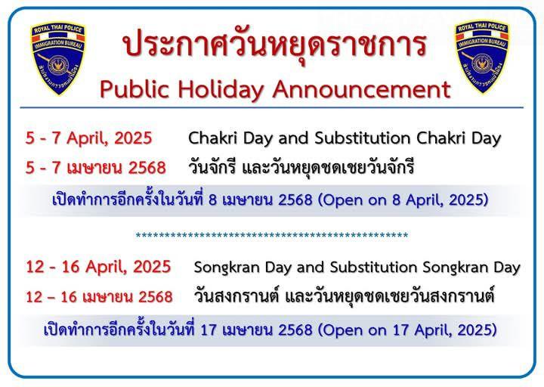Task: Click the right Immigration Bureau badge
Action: click(482, 57)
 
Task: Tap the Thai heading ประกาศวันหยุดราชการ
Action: click(275, 44)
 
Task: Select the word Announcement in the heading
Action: click(361, 89)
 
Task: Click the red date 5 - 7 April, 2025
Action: click(89, 138)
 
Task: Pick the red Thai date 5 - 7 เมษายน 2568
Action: click(96, 168)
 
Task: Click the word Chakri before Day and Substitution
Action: click(213, 138)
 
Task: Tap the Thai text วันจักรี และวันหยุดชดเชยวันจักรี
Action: click(301, 168)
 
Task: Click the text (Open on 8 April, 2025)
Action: click(403, 200)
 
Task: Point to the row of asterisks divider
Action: click(272, 236)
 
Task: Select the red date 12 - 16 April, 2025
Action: click(98, 267)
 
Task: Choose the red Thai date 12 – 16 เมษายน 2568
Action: click(99, 297)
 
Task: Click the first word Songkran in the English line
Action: click(225, 268)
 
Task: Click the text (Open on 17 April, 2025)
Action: click(408, 330)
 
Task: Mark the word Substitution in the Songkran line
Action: click(374, 268)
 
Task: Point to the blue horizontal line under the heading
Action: click(272, 107)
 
